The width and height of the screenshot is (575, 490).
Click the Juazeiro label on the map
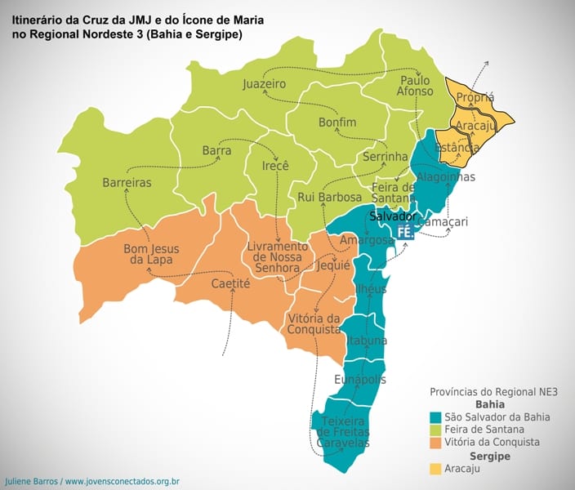(x=264, y=84)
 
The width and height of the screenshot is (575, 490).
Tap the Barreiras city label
(x=127, y=183)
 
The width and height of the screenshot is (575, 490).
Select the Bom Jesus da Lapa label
(x=151, y=254)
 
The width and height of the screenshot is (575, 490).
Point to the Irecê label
(x=275, y=166)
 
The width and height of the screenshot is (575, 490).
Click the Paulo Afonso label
(x=416, y=86)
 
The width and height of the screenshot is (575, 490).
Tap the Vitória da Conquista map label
(x=314, y=323)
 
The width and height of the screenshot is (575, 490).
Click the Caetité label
(x=230, y=283)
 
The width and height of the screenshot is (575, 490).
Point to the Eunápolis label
(x=360, y=380)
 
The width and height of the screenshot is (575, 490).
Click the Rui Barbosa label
(x=329, y=197)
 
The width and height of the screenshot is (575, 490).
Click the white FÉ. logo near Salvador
(x=405, y=233)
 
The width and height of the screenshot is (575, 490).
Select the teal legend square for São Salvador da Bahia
(x=437, y=416)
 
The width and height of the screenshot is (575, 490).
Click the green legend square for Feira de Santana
(x=437, y=430)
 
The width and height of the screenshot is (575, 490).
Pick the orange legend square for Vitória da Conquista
(x=437, y=443)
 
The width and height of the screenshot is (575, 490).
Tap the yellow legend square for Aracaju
(x=437, y=469)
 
